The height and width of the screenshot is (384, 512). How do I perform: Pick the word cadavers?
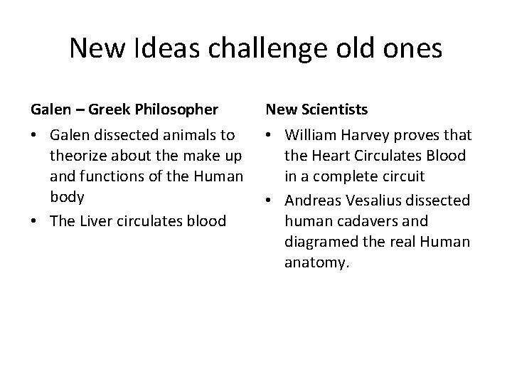tap(358, 221)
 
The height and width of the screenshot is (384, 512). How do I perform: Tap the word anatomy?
tap(316, 262)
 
